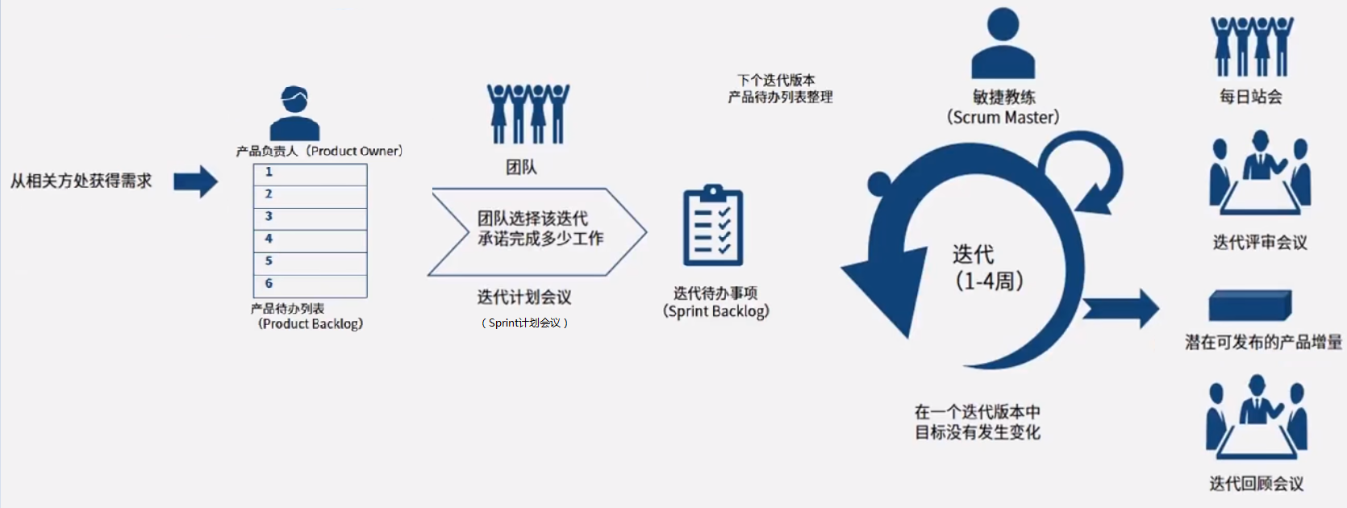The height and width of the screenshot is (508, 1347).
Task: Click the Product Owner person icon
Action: coord(294,114)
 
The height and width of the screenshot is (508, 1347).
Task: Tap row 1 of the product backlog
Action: coord(311,173)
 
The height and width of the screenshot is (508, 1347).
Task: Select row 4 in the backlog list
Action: coord(311,239)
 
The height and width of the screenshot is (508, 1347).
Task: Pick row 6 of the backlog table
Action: coord(311,285)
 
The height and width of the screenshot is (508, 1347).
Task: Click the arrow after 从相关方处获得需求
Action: coord(196,181)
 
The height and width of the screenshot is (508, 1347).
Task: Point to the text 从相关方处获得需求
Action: coord(81,181)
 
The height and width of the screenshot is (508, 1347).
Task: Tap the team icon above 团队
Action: coord(528,114)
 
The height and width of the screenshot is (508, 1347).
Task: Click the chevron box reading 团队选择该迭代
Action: coord(536,232)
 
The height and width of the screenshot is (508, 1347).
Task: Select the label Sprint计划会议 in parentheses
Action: coord(524,323)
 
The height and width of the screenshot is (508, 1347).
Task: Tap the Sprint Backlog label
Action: coord(715,303)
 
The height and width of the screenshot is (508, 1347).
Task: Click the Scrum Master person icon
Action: coord(1003,44)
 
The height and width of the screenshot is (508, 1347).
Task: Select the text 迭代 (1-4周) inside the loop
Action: coord(988,268)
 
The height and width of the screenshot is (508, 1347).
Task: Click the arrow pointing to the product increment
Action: coord(1120,308)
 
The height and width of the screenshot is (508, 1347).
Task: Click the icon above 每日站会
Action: coord(1251,47)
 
